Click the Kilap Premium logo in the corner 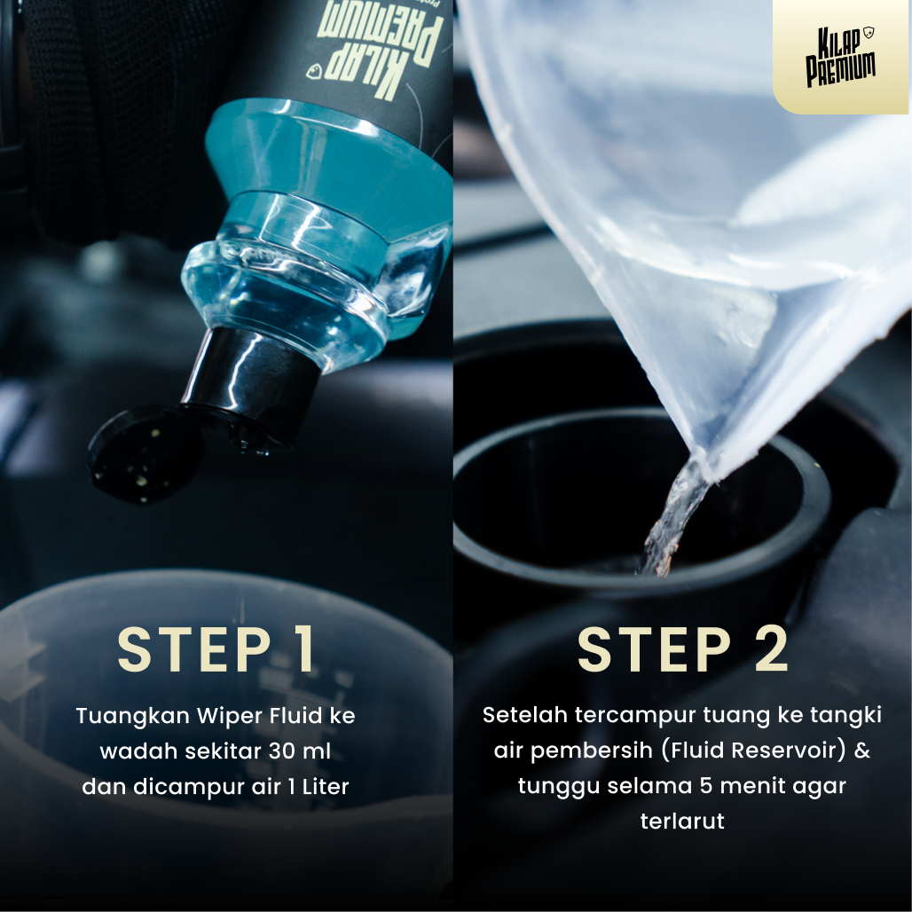pos(840,57)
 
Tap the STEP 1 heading pos(217,650)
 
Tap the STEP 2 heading pos(683,650)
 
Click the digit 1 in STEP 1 pos(303,650)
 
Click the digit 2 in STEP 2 pos(770,650)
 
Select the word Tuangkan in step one pos(119,715)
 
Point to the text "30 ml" pos(299,751)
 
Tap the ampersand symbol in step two pos(861,751)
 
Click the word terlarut pos(682,822)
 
